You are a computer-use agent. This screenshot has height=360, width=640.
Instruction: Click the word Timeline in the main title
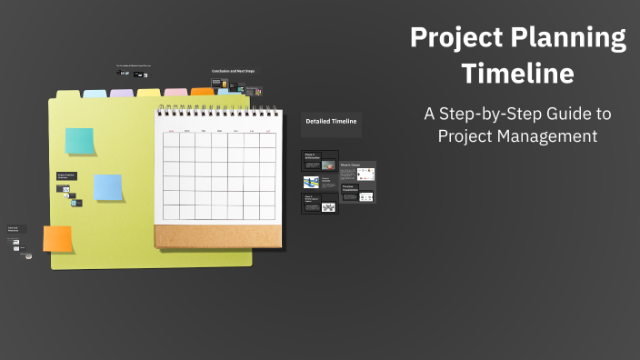(517, 73)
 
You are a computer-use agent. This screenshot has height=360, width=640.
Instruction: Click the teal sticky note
(79, 141)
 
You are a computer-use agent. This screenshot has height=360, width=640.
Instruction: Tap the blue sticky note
(108, 187)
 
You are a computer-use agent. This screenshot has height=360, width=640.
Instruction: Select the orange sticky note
(57, 239)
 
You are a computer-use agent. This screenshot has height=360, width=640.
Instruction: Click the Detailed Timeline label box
(331, 122)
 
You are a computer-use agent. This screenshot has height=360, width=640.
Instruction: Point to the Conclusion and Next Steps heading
(233, 71)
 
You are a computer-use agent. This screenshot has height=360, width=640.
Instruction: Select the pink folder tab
(175, 93)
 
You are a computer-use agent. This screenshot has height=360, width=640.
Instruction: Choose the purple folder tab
(122, 93)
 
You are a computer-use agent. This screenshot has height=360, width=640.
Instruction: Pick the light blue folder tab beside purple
(95, 94)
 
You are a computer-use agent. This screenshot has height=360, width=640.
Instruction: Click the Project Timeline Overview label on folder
(66, 175)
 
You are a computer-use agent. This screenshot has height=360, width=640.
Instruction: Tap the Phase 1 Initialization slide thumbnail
(319, 161)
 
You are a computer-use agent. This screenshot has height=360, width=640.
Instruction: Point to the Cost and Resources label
(16, 229)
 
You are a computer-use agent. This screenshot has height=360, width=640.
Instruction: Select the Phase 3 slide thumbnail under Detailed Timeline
(319, 204)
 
